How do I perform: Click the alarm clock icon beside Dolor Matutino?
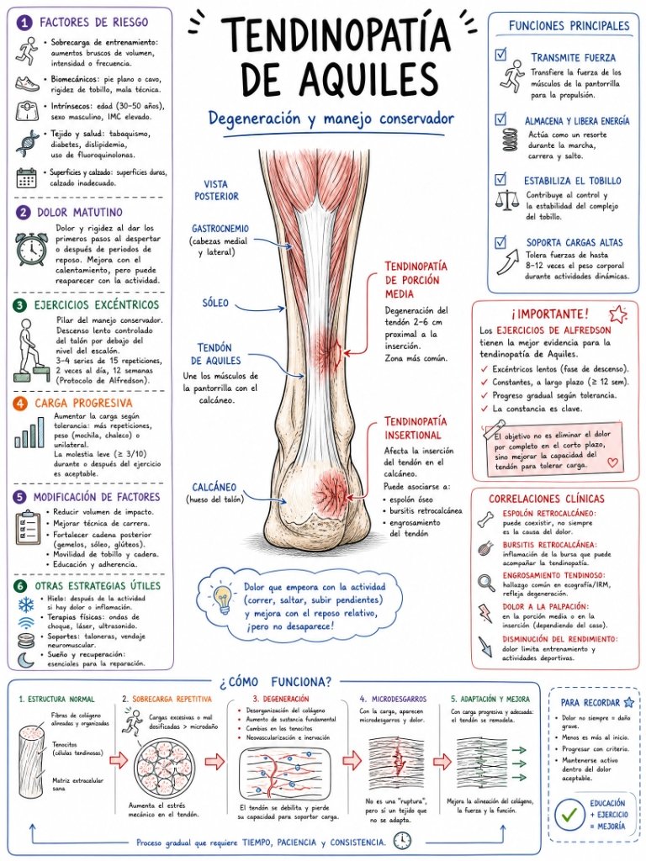coord(31,249)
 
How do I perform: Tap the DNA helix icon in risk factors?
coord(27,143)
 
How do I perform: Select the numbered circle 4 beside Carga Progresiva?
coord(20,404)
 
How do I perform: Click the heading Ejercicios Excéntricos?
coord(96,304)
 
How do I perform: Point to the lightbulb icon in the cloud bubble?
coord(223,600)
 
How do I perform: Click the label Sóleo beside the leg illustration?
coord(215,303)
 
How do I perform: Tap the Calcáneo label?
coord(214,487)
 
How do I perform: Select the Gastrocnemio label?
coord(220,229)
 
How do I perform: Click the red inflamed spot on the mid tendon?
coord(329,349)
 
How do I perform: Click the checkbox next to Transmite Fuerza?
coord(500,55)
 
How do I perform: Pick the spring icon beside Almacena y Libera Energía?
coord(509,140)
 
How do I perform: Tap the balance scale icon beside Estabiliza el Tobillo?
coord(506,200)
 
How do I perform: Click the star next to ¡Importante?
coord(618,314)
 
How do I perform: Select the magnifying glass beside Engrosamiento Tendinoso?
coord(486,582)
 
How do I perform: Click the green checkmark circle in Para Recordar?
coord(569,815)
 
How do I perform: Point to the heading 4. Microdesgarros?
coord(393,699)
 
